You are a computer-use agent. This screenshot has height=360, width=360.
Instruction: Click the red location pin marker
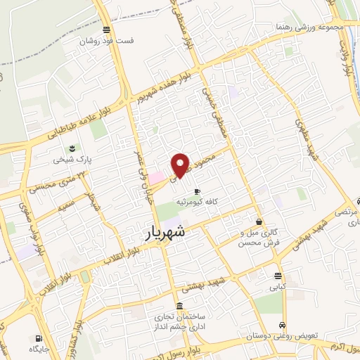[x=181, y=165]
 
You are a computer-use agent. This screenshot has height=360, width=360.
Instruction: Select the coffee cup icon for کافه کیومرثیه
[x=197, y=191]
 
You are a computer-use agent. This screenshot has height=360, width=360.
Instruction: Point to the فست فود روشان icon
[x=106, y=30]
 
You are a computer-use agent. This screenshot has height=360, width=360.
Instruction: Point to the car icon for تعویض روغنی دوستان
[x=282, y=326]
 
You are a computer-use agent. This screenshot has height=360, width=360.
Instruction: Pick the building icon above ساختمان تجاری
[x=179, y=307]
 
